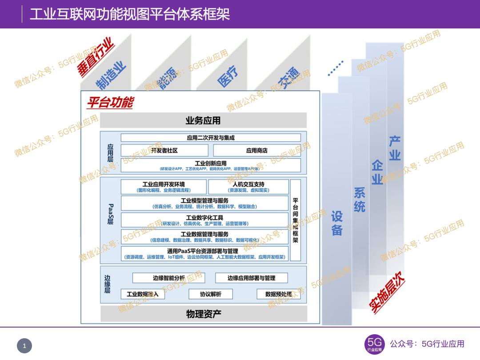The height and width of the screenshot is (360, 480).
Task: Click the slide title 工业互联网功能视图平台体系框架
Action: coord(129,14)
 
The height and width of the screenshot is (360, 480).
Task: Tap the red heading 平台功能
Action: coord(110,103)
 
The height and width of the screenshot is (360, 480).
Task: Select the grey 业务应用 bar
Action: coord(203,120)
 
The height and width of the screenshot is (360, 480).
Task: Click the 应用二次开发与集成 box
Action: coord(211,138)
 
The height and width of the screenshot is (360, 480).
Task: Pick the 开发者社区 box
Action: coord(164,151)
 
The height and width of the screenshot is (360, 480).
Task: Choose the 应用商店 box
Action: coord(257,151)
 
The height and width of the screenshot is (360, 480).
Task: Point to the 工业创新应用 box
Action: coord(211,166)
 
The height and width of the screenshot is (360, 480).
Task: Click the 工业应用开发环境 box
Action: coord(164,187)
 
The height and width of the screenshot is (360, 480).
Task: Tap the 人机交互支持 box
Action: coord(248,187)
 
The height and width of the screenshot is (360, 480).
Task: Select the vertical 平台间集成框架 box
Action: coord(295,220)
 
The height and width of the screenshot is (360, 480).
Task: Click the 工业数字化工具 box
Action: coord(204,220)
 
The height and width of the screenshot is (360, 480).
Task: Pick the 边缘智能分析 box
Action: coord(169,278)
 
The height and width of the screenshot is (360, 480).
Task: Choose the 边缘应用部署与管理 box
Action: coord(252,278)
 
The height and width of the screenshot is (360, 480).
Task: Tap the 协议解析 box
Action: coord(211,294)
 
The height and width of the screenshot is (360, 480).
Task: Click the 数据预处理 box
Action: coord(279,294)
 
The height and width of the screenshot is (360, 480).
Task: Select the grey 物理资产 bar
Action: coord(203,314)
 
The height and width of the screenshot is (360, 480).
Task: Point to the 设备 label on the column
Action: coord(337,223)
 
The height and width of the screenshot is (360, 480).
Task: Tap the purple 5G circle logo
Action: coord(375,344)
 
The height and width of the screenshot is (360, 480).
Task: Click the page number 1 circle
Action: coord(24,346)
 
